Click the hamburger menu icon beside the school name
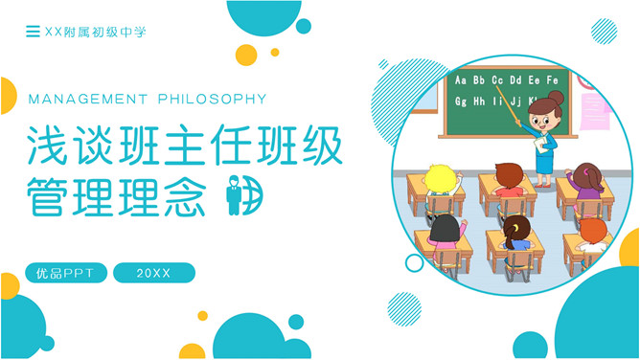point(34,33)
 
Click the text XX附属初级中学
point(95,33)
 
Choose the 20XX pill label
point(153,274)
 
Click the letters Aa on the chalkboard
point(462,80)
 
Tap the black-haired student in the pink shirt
point(446,233)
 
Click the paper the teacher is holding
point(547,143)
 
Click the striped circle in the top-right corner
point(604,32)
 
